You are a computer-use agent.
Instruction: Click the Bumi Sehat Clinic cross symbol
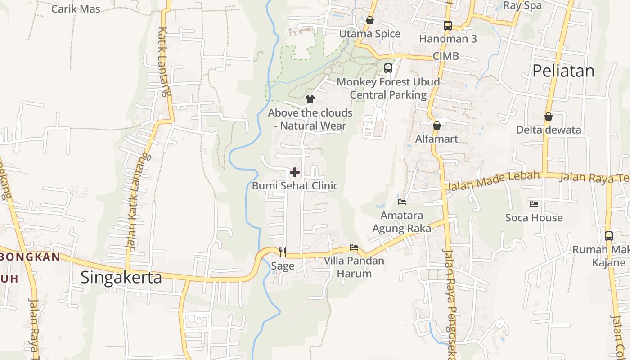pos(295,172)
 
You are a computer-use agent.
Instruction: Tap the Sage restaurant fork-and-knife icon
pos(283,252)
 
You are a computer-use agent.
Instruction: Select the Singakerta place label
pos(121,277)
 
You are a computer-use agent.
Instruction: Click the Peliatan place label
pos(563,71)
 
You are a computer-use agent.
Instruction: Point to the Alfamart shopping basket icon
pos(436,126)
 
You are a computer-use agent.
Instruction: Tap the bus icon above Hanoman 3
pos(447,26)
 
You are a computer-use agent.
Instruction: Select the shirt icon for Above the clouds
pos(310,99)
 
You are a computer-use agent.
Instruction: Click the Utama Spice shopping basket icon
pos(369,21)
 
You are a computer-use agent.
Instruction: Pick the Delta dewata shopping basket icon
pos(548,117)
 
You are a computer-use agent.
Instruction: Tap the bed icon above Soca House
pos(534,204)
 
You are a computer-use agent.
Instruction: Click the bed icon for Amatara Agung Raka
pos(401,202)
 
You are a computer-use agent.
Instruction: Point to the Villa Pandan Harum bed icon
pos(354,247)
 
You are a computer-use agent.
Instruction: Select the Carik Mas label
pos(76,9)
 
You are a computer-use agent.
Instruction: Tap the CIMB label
pos(445,56)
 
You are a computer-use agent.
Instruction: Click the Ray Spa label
pos(522,5)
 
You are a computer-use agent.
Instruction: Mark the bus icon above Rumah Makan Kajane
pos(608,236)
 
